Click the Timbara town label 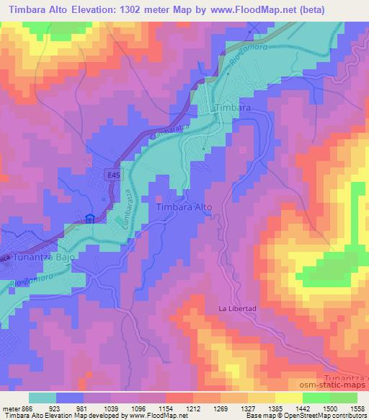[x=233, y=107]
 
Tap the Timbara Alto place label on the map [x=184, y=207]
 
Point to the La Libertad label [x=238, y=308]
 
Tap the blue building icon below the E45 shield [x=90, y=220]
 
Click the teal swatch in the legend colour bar [x=43, y=398]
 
